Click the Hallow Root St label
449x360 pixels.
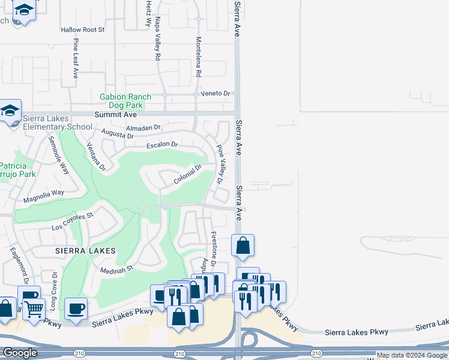83,29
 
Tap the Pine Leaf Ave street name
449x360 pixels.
76,59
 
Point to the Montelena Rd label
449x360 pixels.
198,57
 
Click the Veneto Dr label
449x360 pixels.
218,94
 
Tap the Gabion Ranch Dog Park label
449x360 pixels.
125,100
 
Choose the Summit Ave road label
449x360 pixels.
116,114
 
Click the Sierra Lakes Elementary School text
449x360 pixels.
58,122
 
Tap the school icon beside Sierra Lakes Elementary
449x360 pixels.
10,111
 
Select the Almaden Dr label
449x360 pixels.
143,128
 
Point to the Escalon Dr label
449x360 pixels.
163,145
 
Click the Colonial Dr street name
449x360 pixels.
187,175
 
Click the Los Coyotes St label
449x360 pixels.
73,221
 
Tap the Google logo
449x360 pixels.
20,353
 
